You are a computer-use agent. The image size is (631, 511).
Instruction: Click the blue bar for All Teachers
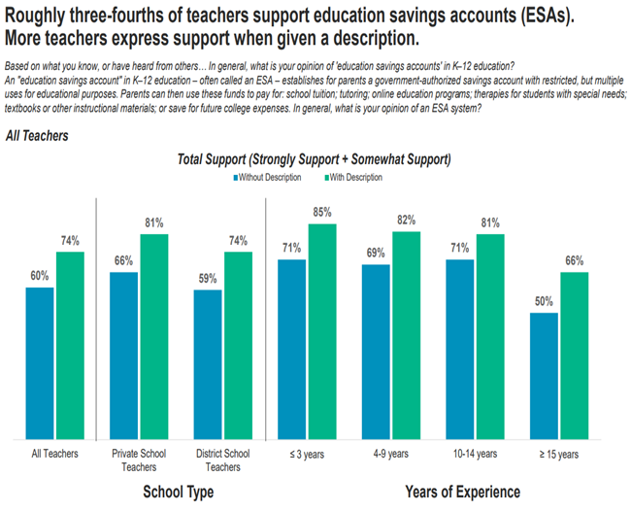pyautogui.click(x=40, y=361)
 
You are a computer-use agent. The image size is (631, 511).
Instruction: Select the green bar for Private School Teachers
pyautogui.click(x=153, y=335)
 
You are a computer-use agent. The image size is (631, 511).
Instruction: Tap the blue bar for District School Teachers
pyautogui.click(x=208, y=363)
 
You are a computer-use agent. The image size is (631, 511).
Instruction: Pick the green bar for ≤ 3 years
pyautogui.click(x=322, y=330)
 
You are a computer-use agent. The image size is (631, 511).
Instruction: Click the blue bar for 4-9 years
pyautogui.click(x=377, y=351)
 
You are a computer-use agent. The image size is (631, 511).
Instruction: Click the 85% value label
pyautogui.click(x=322, y=212)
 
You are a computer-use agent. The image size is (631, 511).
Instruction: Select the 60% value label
pyautogui.click(x=39, y=275)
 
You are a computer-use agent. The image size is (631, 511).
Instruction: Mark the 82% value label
pyautogui.click(x=406, y=220)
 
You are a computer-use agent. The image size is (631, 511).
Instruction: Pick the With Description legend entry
pyautogui.click(x=352, y=178)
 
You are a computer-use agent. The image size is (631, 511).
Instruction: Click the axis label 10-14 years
pyautogui.click(x=476, y=453)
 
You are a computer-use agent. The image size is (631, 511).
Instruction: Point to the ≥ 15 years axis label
pyautogui.click(x=560, y=453)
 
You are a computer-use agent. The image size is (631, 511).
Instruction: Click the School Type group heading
pyautogui.click(x=178, y=492)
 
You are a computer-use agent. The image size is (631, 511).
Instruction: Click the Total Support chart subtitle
pyautogui.click(x=315, y=158)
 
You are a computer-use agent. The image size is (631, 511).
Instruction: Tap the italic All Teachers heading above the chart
pyautogui.click(x=37, y=136)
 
